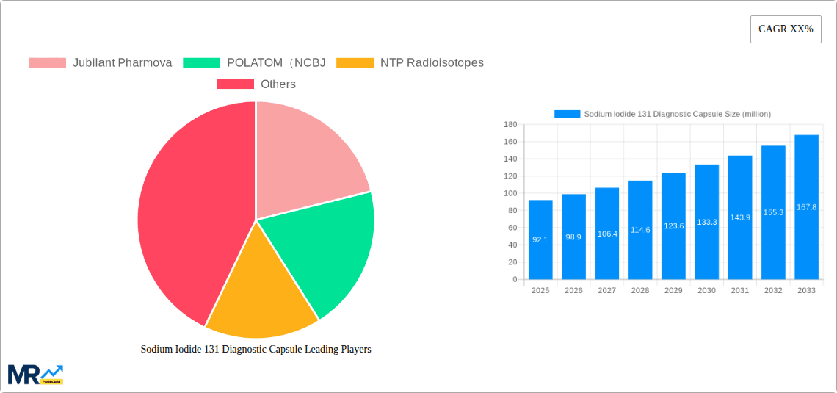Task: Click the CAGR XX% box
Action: [x=786, y=29]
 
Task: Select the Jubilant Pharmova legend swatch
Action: [x=47, y=63]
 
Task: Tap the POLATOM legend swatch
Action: [x=201, y=63]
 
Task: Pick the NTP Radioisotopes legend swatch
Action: [x=355, y=63]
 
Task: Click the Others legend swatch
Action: [x=235, y=84]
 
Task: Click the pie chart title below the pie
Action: [x=256, y=350]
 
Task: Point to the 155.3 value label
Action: [x=773, y=212]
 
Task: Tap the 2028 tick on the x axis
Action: [x=640, y=291]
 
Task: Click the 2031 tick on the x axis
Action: [x=739, y=291]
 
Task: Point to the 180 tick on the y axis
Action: [x=510, y=125]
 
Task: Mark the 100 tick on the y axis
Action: [x=510, y=193]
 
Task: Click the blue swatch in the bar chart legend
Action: [x=567, y=114]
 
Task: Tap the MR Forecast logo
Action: [x=35, y=375]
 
